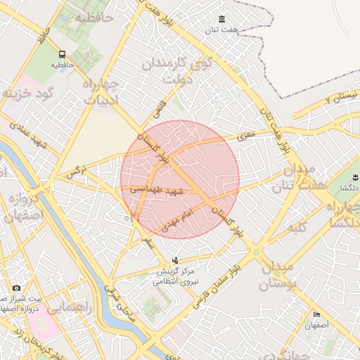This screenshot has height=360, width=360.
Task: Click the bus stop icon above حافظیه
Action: (x=63, y=54)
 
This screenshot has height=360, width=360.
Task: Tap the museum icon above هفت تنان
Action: (x=222, y=19)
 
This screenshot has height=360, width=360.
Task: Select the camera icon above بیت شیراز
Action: (x=16, y=288)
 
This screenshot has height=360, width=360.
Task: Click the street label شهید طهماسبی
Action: (x=156, y=190)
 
